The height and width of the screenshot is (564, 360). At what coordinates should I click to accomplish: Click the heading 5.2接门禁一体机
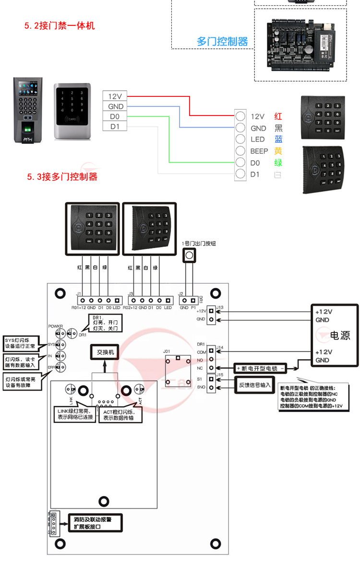(x=60, y=26)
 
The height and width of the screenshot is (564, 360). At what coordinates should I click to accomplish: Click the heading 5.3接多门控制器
(x=62, y=177)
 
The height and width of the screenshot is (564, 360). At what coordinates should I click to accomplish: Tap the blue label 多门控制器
(x=222, y=42)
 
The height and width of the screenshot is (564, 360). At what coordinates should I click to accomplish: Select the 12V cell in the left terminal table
(x=115, y=96)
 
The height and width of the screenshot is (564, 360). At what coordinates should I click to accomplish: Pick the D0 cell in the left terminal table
(x=115, y=117)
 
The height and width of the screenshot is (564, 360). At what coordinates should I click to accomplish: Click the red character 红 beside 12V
(x=278, y=117)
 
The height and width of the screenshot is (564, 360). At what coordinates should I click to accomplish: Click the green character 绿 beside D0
(x=278, y=163)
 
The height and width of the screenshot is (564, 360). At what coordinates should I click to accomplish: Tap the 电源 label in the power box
(x=340, y=335)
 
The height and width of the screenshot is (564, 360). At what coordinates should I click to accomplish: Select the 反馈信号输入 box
(x=255, y=385)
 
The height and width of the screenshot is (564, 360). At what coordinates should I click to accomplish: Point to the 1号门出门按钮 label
(x=199, y=244)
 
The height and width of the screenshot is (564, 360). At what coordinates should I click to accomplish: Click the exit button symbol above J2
(x=189, y=255)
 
